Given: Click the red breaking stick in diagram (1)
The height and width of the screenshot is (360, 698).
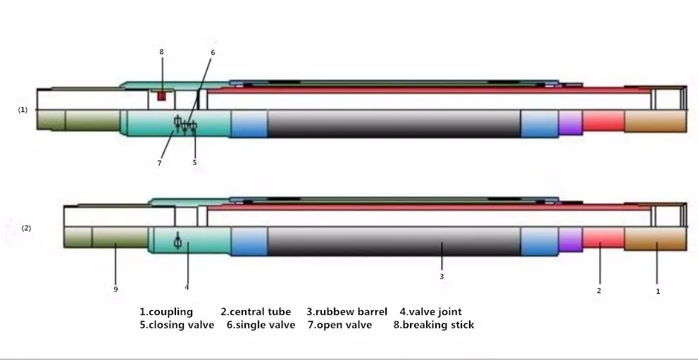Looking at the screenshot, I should (x=161, y=94).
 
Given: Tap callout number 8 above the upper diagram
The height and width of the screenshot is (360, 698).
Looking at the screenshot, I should (x=161, y=51).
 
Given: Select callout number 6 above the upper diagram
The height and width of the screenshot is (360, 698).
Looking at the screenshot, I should (x=213, y=52).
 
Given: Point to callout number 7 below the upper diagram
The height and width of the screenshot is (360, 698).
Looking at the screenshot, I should (x=159, y=163).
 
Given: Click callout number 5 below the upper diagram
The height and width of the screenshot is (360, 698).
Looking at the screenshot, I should (x=195, y=163).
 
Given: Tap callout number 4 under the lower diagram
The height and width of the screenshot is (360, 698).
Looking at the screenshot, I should (x=187, y=287).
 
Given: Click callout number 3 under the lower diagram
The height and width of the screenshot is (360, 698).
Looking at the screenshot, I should (x=442, y=276).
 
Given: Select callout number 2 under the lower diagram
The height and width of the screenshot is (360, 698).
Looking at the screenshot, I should (x=599, y=290).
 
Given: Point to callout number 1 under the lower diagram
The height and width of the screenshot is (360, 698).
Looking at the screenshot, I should (x=658, y=290).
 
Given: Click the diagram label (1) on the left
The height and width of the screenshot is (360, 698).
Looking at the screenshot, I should (x=23, y=110).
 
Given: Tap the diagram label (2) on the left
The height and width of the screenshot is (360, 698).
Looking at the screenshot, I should (x=26, y=228).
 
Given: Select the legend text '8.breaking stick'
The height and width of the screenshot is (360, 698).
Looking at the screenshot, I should (x=433, y=325).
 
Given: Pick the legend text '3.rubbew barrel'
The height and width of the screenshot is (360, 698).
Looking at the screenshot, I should (x=347, y=311).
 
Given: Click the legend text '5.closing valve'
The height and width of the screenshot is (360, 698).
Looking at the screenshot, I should (x=176, y=325).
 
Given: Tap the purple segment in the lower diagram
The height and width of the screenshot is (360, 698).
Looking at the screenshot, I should (x=571, y=240).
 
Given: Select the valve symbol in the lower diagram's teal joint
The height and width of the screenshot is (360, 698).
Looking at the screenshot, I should (x=177, y=241).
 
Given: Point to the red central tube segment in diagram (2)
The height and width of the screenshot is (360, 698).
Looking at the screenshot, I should (x=603, y=238).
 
